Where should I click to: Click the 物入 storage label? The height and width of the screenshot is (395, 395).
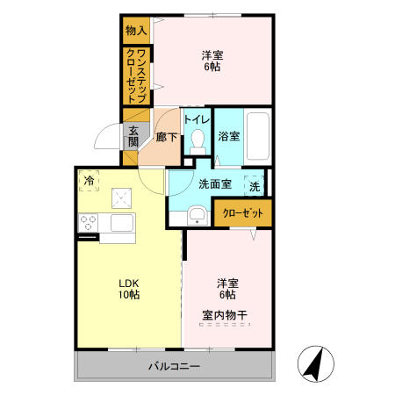[x=136, y=31]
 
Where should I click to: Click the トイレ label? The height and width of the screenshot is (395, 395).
[x=197, y=119]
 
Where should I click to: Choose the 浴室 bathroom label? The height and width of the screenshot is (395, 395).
[x=229, y=136]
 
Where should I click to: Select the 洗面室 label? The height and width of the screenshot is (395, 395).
[x=214, y=184]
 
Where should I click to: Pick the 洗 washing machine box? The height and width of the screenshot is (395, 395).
[x=254, y=186]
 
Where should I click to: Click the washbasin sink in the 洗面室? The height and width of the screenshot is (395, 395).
[x=197, y=214]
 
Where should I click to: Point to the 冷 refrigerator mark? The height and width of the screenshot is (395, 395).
[x=90, y=181]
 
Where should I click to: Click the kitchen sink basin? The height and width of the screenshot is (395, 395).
[x=120, y=223]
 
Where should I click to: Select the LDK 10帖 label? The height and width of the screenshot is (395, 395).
[x=129, y=288]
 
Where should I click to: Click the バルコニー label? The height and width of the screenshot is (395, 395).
[x=174, y=365]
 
